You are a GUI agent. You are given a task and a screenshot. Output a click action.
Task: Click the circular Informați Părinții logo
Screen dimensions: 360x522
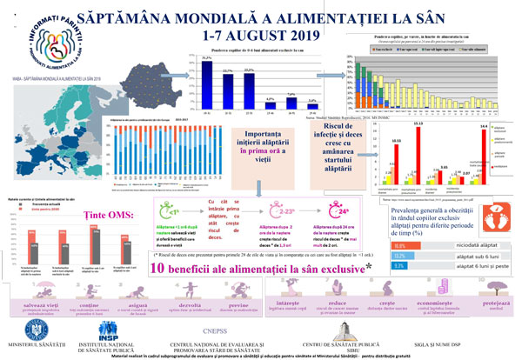[40, 38]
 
